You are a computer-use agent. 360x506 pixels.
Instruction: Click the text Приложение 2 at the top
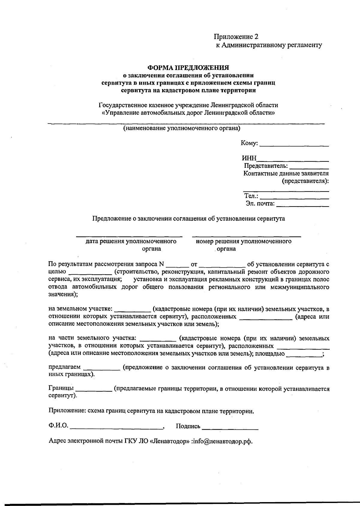236,37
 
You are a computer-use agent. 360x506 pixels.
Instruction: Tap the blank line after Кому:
294,145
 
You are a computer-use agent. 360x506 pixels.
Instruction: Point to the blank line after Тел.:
294,198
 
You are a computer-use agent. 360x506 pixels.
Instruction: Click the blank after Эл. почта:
302,206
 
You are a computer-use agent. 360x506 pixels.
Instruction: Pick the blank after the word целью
90,274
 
